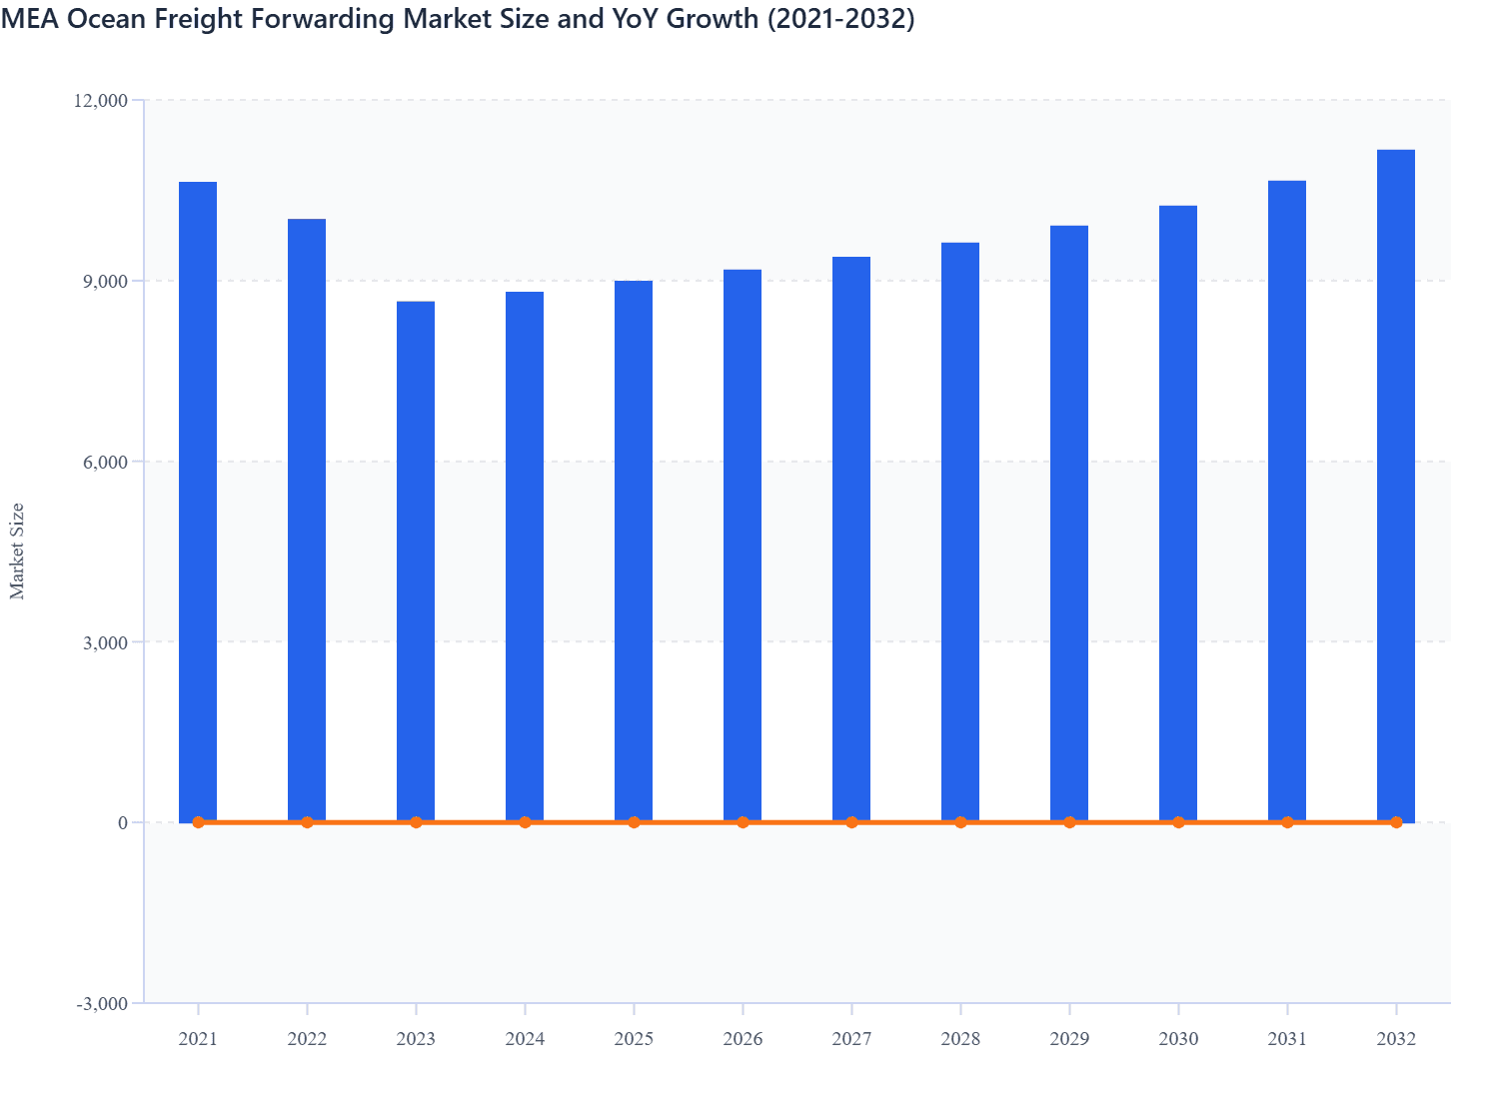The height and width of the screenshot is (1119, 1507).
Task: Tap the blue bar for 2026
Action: tap(743, 546)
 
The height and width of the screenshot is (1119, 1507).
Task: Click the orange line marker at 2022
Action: tap(307, 822)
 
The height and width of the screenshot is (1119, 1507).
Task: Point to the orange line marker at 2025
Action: tap(634, 822)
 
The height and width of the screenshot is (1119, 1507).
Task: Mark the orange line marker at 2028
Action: tap(960, 822)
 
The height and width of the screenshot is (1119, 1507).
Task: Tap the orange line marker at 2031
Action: tap(1287, 822)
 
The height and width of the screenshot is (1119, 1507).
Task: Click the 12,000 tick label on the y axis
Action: tap(100, 100)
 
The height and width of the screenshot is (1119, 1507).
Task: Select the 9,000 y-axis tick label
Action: tap(105, 281)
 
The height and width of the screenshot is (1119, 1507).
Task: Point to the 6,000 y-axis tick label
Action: tap(105, 462)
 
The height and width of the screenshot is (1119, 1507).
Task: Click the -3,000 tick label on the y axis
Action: tap(102, 1003)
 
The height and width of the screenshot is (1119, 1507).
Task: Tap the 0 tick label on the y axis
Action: tap(123, 822)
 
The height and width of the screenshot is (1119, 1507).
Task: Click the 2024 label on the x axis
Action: tap(525, 1039)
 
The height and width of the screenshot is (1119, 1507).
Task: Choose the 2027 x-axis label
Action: tap(851, 1039)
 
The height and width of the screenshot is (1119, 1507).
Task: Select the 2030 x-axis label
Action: tap(1178, 1039)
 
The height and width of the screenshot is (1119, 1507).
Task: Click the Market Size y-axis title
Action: tap(17, 551)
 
